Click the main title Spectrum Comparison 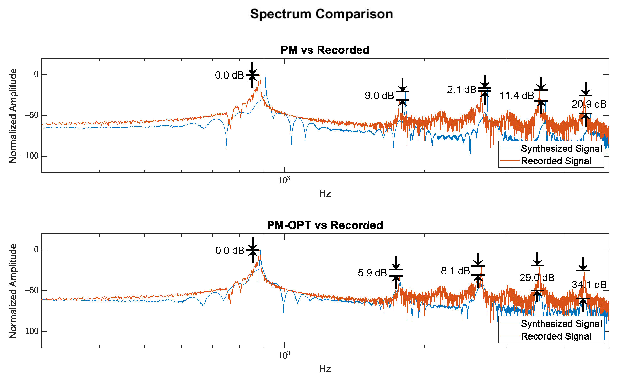322,14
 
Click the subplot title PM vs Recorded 325,50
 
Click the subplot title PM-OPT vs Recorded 325,225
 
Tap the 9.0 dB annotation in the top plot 379,96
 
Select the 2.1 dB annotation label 461,90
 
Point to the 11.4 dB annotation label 516,96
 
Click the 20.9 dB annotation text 589,104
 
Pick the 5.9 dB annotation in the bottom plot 372,273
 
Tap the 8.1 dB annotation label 455,271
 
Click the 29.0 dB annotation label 537,278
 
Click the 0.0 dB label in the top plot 229,75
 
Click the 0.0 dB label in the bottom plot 230,251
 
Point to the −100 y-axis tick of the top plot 30,156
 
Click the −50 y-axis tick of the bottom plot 32,291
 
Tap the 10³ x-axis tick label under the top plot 284,180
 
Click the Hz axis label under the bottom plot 325,369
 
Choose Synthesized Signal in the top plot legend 561,149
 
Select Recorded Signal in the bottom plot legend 556,336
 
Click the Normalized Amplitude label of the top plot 13,116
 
